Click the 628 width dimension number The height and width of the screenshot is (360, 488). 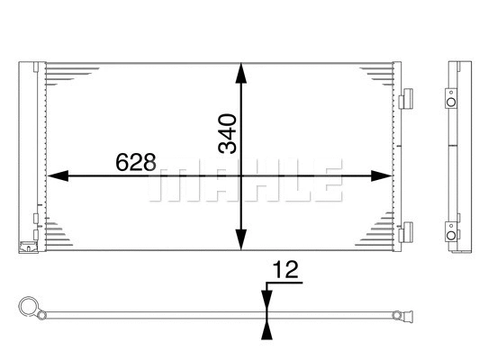coord(136,163)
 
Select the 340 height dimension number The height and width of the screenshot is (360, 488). coord(228,132)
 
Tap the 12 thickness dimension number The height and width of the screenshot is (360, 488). coord(285,267)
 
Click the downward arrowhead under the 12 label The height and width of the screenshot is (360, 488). coord(265,299)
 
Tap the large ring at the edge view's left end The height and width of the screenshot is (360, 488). coord(29,307)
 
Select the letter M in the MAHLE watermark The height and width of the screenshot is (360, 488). coord(168,183)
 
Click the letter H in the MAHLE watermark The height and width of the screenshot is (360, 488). coord(247,183)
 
